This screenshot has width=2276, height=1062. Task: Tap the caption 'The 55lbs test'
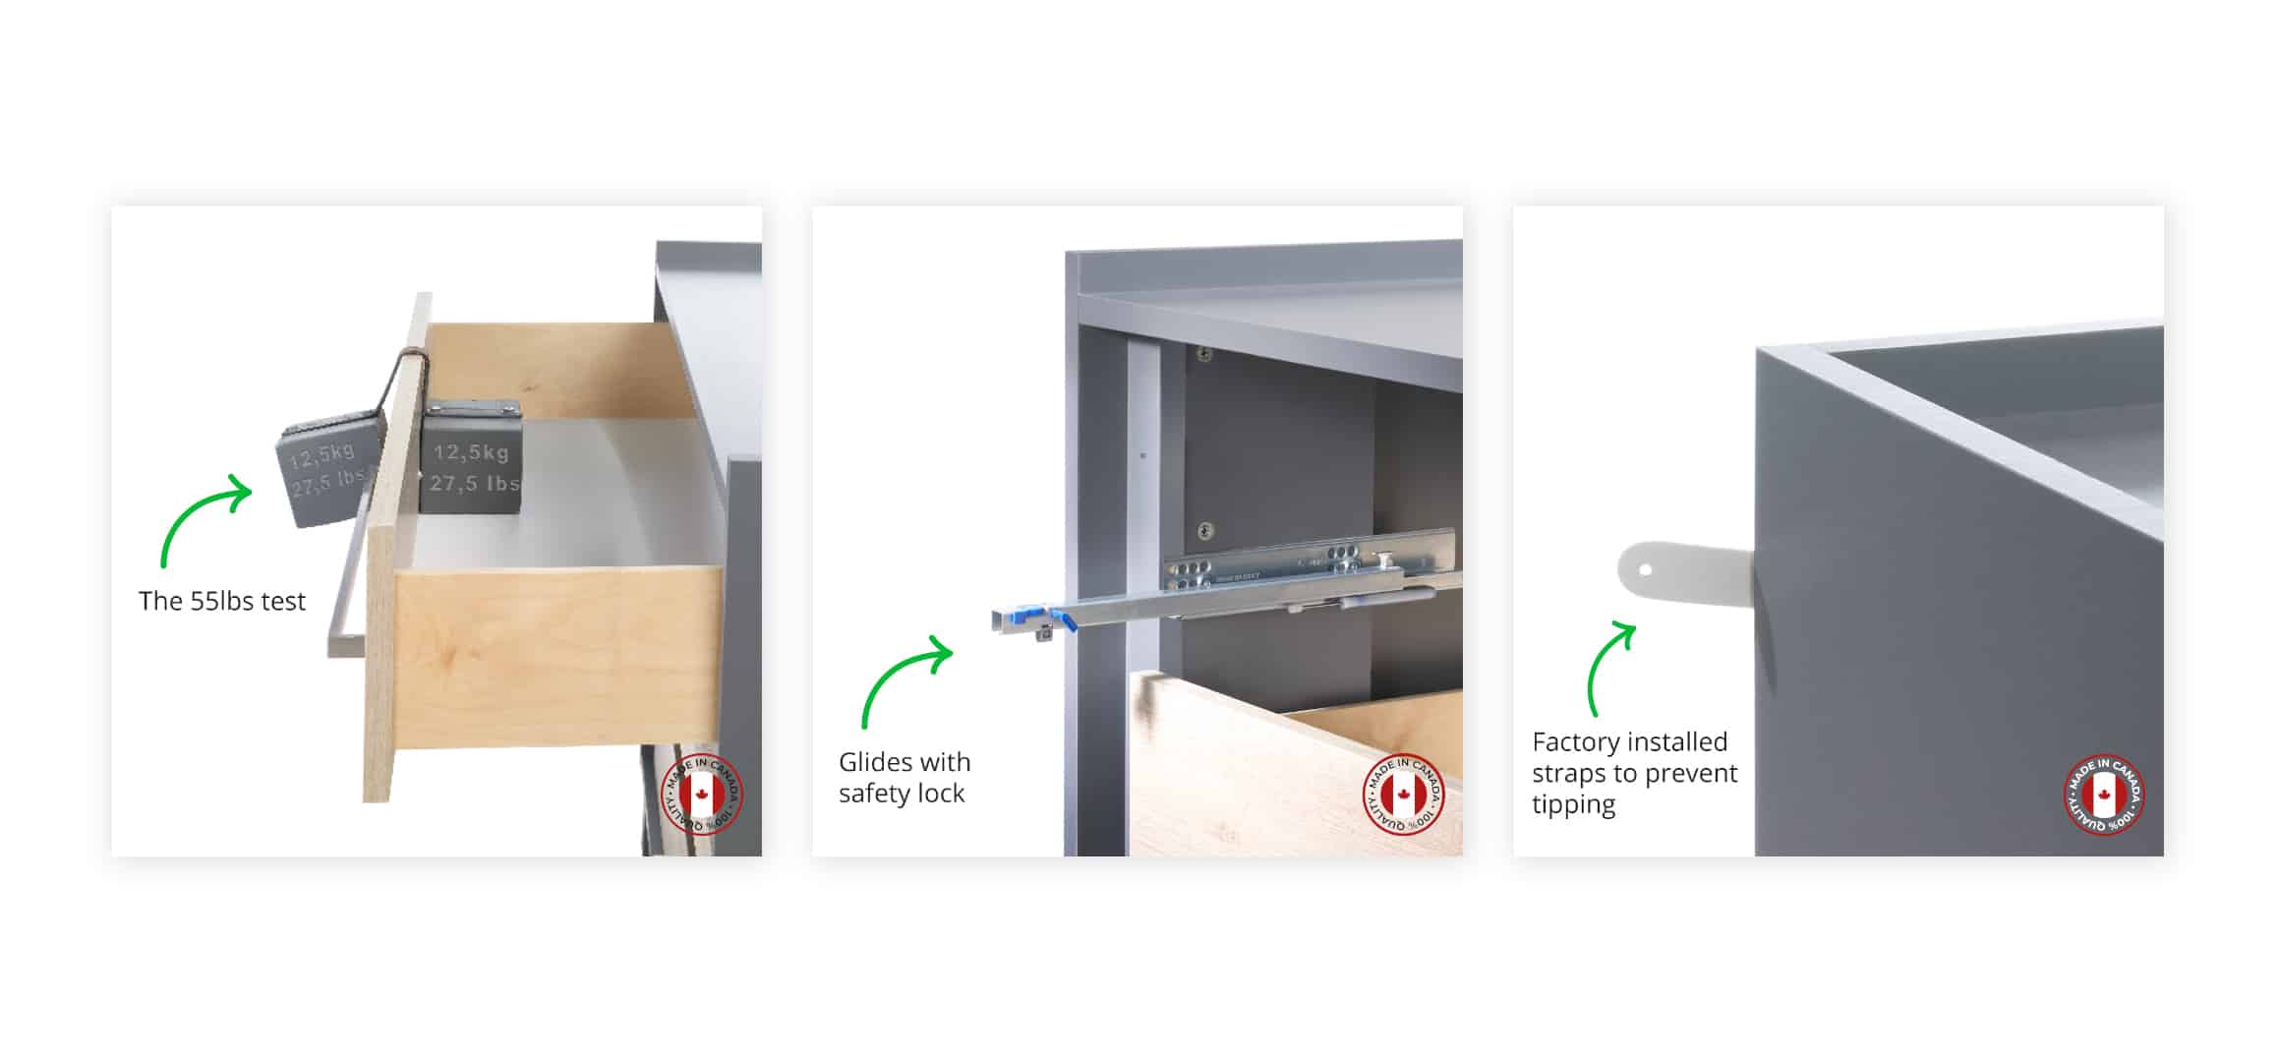222,601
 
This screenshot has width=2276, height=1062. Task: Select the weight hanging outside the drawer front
328,470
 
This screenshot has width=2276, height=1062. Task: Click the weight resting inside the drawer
471,458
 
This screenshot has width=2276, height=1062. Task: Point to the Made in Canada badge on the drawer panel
702,795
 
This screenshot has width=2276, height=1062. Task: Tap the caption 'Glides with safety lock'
905,777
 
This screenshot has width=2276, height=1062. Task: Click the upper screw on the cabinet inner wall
1203,354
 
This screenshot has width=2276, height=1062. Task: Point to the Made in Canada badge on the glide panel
1403,795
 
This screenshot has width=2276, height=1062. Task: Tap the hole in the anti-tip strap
1646,569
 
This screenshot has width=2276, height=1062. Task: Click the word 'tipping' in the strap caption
1573,804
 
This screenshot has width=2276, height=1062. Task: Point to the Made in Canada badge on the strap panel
2103,795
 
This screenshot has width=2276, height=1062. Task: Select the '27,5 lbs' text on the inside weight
474,484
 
